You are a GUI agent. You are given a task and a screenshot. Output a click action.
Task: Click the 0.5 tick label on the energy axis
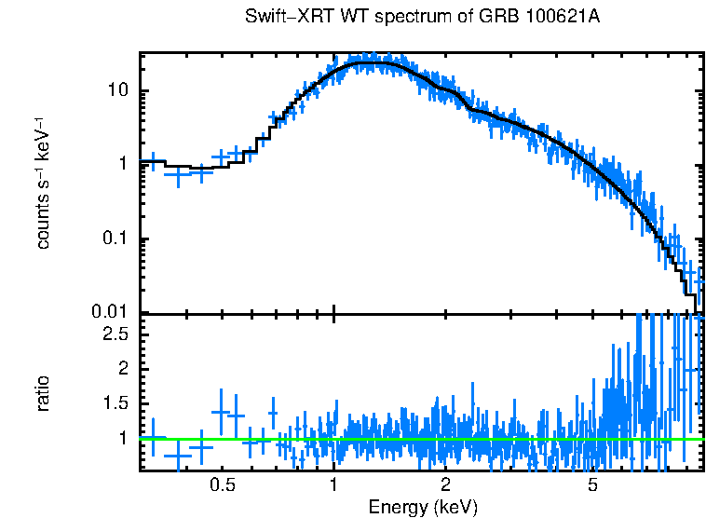(x=222, y=485)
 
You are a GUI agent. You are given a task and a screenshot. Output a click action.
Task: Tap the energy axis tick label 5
(x=592, y=485)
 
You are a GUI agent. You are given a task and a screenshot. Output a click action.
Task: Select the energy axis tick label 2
(x=446, y=485)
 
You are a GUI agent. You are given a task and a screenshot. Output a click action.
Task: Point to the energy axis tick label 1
(x=333, y=485)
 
